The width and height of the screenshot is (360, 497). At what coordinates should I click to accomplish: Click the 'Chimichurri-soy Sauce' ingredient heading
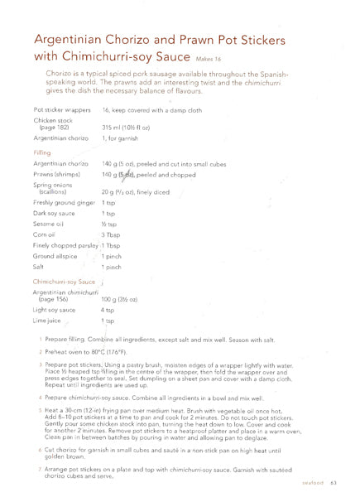click(x=65, y=282)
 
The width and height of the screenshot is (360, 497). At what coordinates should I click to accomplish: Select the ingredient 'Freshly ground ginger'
click(x=64, y=201)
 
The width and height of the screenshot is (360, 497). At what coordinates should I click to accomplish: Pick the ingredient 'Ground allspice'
click(x=55, y=257)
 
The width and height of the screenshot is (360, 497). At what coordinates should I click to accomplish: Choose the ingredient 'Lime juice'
click(x=49, y=320)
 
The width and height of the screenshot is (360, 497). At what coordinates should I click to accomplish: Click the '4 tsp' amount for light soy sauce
click(x=108, y=308)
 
